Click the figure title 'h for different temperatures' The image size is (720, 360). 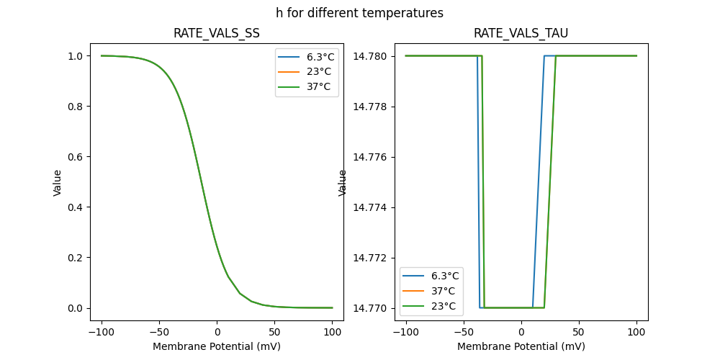coord(359,13)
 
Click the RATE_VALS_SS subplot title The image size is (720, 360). coord(217,34)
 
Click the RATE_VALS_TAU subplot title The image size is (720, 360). coord(521,34)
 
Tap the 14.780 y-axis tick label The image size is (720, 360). coord(371,56)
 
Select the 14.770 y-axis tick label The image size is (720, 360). coord(371,308)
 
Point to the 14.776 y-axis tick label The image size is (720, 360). coord(371,157)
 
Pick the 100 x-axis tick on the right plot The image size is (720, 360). coord(636,332)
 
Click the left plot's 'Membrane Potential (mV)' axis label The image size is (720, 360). coord(217,346)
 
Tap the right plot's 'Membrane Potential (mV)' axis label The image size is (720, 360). coord(521,346)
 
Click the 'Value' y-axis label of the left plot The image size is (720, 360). coord(58,182)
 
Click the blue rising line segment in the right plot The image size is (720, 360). coord(539,180)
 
